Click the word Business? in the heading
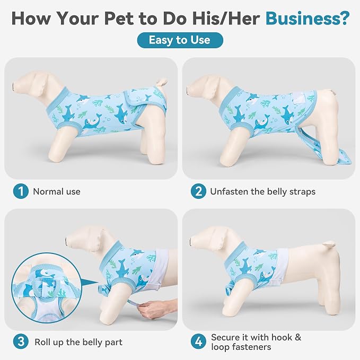(x=308, y=18)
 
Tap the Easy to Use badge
(x=180, y=40)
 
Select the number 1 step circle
(x=21, y=191)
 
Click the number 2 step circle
(x=198, y=191)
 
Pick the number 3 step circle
(x=21, y=341)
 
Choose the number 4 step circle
(x=198, y=341)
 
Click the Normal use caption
(x=57, y=191)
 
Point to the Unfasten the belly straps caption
(x=262, y=192)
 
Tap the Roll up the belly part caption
(x=78, y=342)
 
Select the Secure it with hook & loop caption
(x=256, y=342)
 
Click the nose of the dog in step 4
(x=191, y=242)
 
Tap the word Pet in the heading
(x=119, y=19)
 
